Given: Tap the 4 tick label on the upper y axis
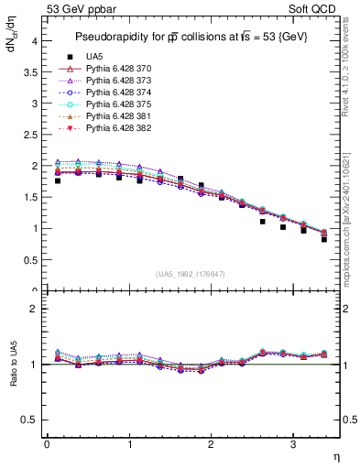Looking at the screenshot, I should point(34,41).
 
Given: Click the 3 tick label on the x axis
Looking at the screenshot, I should point(292,444).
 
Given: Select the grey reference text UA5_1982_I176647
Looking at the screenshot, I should point(192,274).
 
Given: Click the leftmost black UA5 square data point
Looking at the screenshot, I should point(58,180).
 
